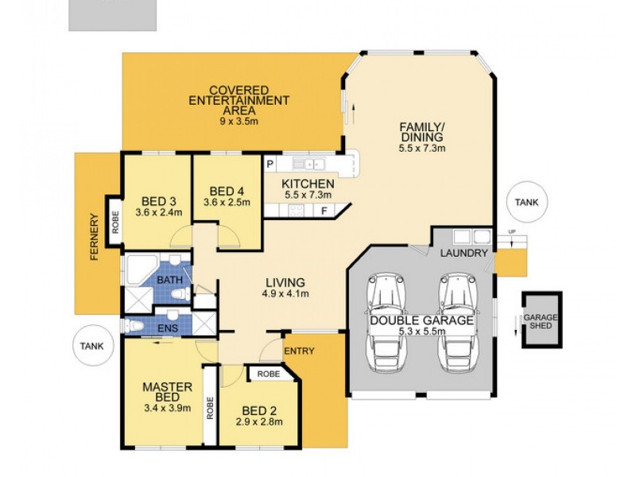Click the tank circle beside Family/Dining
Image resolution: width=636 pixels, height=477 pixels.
pyautogui.click(x=527, y=202)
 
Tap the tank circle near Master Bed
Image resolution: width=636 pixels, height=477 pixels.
pyautogui.click(x=93, y=346)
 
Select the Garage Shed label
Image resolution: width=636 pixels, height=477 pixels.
pyautogui.click(x=541, y=321)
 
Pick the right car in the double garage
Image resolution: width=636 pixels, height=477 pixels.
pyautogui.click(x=458, y=323)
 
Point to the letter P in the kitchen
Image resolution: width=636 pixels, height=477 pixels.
pyautogui.click(x=270, y=165)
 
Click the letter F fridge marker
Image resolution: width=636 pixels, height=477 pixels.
pyautogui.click(x=324, y=211)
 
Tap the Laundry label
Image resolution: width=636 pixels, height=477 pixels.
pyautogui.click(x=463, y=253)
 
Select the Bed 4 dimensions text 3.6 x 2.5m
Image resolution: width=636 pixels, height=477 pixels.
pyautogui.click(x=227, y=202)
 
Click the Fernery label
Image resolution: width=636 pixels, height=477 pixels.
pyautogui.click(x=95, y=237)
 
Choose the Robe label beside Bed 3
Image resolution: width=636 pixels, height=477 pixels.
pyautogui.click(x=115, y=222)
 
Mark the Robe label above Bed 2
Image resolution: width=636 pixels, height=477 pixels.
pyautogui.click(x=269, y=374)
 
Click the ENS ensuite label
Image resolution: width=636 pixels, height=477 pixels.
pyautogui.click(x=168, y=328)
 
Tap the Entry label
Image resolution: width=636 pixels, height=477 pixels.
pyautogui.click(x=299, y=351)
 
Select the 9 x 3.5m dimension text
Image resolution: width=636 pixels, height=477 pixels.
pyautogui.click(x=239, y=121)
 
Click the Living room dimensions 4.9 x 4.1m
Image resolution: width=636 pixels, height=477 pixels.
pyautogui.click(x=285, y=293)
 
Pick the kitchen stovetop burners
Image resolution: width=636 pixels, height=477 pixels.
pyautogui.click(x=296, y=210)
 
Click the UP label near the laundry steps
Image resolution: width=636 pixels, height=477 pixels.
pyautogui.click(x=511, y=231)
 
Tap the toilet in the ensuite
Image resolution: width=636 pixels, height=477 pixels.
pyautogui.click(x=134, y=325)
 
